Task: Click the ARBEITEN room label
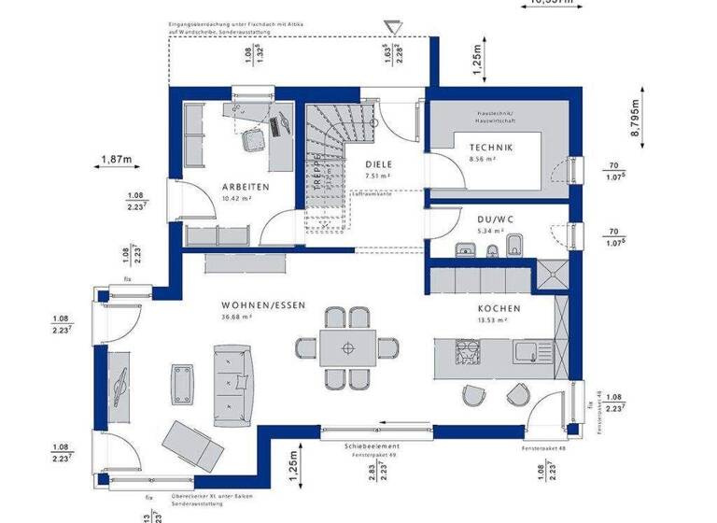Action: click(245, 187)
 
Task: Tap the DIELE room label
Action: click(378, 163)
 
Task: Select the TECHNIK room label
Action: click(491, 148)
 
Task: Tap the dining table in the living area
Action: click(347, 348)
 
